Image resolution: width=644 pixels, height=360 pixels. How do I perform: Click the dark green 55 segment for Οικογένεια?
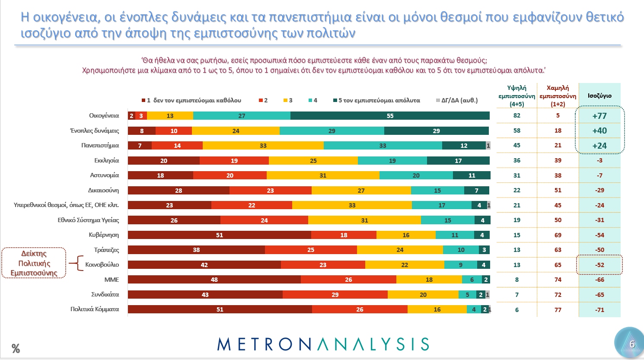[x=390, y=116]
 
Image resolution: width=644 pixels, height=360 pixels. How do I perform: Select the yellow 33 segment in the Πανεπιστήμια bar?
[x=263, y=146]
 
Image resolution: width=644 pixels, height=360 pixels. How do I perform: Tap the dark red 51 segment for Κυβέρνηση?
[x=219, y=235]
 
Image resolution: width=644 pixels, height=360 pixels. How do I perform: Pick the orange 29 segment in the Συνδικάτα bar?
[x=335, y=295]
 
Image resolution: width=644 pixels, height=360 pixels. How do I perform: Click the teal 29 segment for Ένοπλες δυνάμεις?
[x=332, y=131]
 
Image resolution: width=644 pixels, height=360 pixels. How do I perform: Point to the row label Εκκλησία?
[x=106, y=160]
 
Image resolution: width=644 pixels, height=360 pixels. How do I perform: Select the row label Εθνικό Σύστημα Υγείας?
[x=88, y=220]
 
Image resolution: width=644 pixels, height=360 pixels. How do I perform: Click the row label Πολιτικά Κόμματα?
[x=95, y=309]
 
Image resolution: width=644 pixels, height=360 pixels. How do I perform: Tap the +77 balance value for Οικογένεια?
[x=599, y=116]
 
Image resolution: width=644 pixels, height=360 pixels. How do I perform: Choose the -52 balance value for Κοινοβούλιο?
[x=599, y=265]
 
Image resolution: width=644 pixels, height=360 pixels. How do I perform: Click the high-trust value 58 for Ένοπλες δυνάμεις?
[x=517, y=131]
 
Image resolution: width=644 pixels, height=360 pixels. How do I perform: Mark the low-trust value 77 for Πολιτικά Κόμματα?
[x=558, y=310]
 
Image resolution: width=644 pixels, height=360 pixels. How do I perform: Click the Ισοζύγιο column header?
[x=599, y=96]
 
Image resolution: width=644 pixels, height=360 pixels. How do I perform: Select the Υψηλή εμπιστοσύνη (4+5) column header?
[x=517, y=96]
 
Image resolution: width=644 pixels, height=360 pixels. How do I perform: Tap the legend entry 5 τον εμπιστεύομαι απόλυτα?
[x=376, y=100]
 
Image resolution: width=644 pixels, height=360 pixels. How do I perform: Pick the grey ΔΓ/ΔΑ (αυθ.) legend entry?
[x=457, y=100]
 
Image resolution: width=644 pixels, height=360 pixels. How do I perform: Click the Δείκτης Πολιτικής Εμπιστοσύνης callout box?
[x=34, y=263]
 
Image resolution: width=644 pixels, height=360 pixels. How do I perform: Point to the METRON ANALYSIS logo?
[x=323, y=344]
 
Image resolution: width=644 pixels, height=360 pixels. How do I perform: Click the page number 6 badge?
[x=631, y=344]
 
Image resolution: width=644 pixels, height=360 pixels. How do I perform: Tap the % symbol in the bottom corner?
[x=16, y=348]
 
